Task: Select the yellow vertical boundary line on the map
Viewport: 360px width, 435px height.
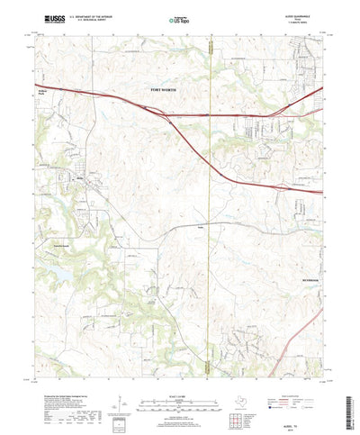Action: point(208,225)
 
